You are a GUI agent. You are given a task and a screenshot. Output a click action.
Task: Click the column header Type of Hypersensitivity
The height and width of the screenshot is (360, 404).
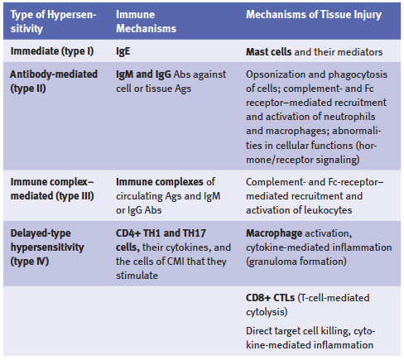[x=53, y=22]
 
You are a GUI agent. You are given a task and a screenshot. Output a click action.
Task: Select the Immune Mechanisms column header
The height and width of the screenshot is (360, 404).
[x=146, y=22]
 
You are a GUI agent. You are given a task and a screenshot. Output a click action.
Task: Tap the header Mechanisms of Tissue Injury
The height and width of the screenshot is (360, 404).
[x=314, y=15]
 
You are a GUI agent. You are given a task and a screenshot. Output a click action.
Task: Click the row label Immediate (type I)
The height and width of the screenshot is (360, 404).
[x=52, y=51]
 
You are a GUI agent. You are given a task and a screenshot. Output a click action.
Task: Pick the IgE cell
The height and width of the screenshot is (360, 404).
[x=123, y=51]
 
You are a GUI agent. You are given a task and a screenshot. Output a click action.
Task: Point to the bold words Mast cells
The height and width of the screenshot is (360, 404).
[x=269, y=52]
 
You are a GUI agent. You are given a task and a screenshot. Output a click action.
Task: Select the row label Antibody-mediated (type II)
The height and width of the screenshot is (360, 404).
[x=54, y=81]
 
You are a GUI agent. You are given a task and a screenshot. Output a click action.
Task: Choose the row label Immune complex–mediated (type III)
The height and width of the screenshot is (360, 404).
[x=52, y=189]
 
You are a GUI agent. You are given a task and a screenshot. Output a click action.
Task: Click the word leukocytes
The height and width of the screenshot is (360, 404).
[x=328, y=210]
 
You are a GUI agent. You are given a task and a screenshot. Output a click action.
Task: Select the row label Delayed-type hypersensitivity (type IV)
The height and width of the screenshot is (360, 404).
[x=47, y=247]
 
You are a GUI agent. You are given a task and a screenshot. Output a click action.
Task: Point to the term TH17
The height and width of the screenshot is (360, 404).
[x=194, y=233]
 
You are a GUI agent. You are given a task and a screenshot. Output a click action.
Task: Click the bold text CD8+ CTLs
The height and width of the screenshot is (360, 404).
[x=271, y=298]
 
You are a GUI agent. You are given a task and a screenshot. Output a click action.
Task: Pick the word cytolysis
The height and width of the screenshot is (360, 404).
[x=265, y=312]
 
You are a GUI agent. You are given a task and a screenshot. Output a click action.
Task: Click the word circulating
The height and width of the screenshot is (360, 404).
[x=139, y=196]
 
